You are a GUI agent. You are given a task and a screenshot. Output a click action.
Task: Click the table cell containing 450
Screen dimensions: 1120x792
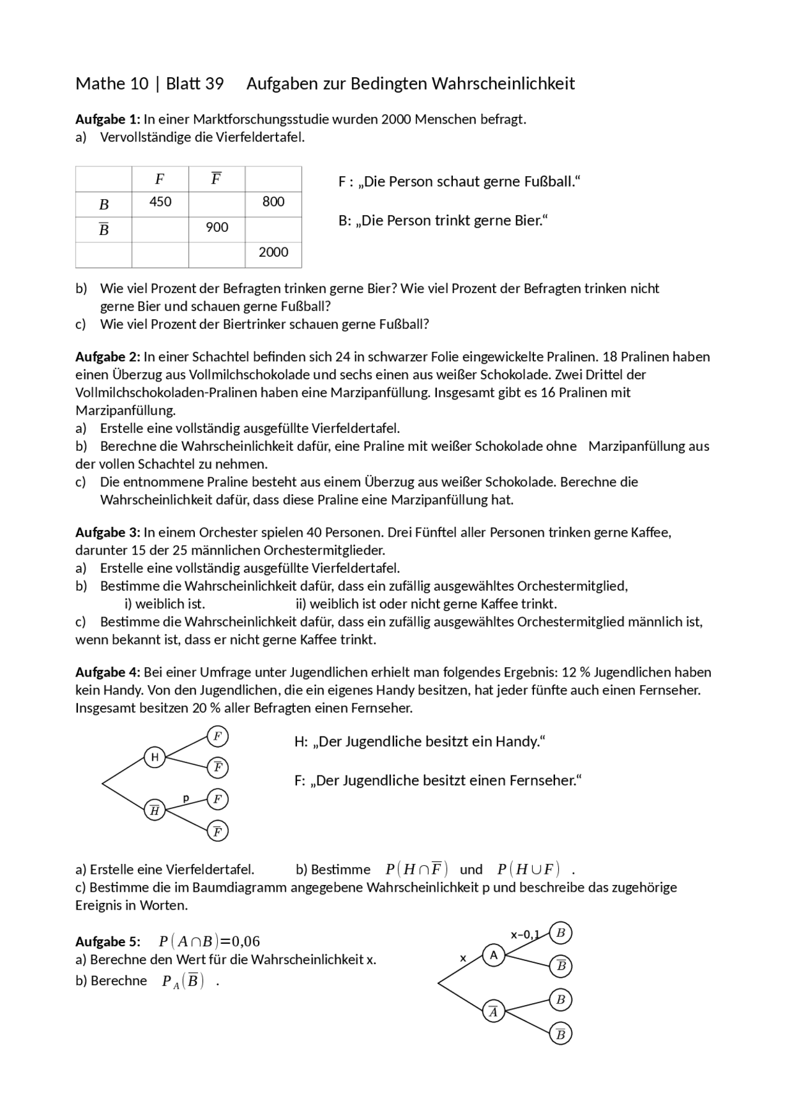coord(160,202)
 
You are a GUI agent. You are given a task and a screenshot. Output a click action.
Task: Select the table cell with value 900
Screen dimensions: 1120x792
coord(217,228)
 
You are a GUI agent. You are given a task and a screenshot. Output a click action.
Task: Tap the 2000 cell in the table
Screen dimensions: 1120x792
coord(273,252)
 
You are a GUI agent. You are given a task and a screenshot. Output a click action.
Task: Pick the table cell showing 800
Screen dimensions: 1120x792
coord(273,202)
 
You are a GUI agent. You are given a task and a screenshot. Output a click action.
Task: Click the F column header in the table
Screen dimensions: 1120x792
coord(160,179)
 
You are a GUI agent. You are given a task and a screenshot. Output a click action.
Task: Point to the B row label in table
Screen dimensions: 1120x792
coord(104,204)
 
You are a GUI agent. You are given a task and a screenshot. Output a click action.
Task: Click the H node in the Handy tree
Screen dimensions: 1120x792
coord(155,757)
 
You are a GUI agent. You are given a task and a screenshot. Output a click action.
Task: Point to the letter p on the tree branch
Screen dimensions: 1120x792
coord(186,798)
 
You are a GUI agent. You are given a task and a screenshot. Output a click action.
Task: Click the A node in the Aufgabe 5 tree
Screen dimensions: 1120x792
coord(493,955)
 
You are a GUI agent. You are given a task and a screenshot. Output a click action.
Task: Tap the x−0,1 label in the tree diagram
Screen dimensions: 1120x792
coord(525,934)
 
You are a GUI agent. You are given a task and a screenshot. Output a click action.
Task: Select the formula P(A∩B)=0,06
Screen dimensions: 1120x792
coord(209,942)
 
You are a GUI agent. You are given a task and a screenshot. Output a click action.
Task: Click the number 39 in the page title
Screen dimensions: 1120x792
coord(213,83)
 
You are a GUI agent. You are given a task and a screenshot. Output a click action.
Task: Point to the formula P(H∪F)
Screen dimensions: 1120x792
coord(528,870)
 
